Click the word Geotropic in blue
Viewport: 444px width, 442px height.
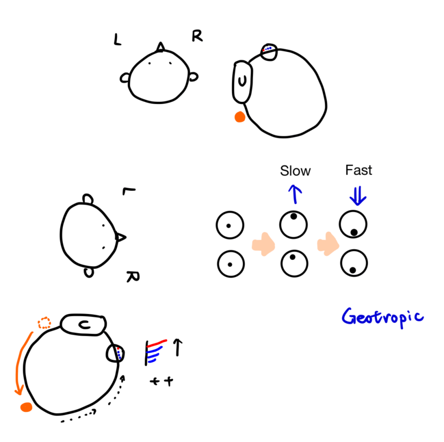point(382,317)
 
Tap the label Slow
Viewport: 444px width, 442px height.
point(295,171)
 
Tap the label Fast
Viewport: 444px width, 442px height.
point(358,170)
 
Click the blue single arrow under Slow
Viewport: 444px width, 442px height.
point(295,194)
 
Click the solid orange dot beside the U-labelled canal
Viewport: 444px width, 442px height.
point(239,117)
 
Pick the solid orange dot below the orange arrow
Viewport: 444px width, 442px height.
point(26,407)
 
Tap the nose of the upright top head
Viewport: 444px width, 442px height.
point(161,47)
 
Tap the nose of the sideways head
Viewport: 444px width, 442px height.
point(121,237)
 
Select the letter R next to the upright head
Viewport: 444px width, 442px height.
point(197,36)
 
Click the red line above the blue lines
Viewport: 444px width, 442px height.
point(157,344)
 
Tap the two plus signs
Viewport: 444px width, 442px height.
point(161,381)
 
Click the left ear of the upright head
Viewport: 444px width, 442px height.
point(125,78)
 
